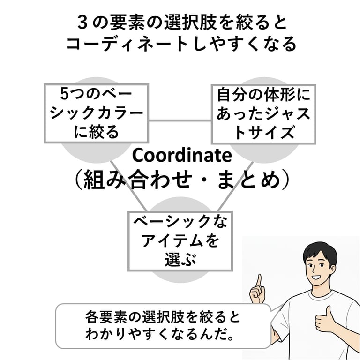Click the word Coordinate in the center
pos(182,155)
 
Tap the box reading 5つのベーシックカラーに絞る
pos(96,113)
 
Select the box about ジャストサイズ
pos(263,114)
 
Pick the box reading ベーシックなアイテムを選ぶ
pos(180,240)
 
